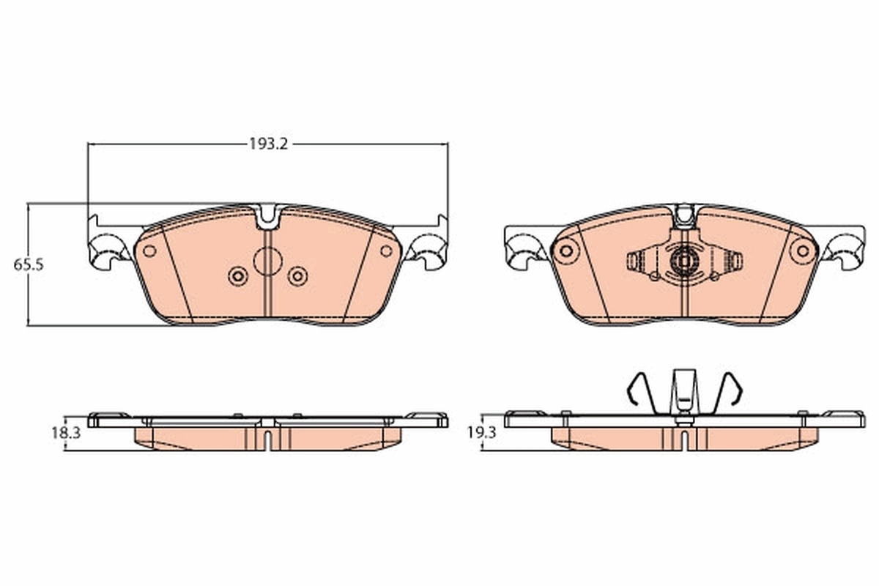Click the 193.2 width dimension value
[269, 144]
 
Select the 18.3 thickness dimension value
[65, 433]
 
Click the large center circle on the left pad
[267, 261]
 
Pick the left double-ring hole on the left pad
[237, 276]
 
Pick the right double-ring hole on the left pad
[297, 276]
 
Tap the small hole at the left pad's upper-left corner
[149, 251]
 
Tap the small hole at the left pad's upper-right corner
[386, 251]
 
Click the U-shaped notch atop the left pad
[267, 215]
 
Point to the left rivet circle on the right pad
[565, 251]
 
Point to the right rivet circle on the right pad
[803, 251]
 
